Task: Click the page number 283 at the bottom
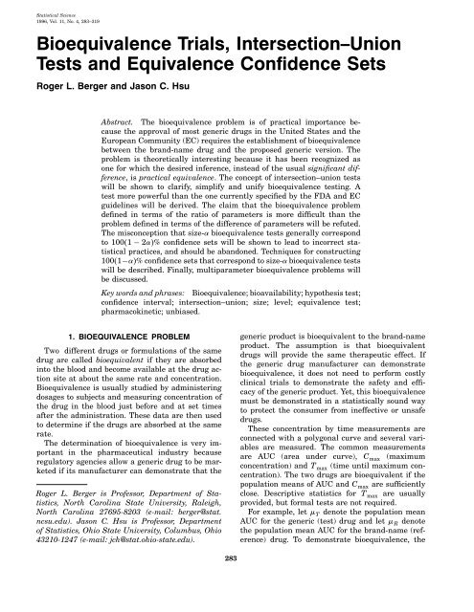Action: [237, 584]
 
